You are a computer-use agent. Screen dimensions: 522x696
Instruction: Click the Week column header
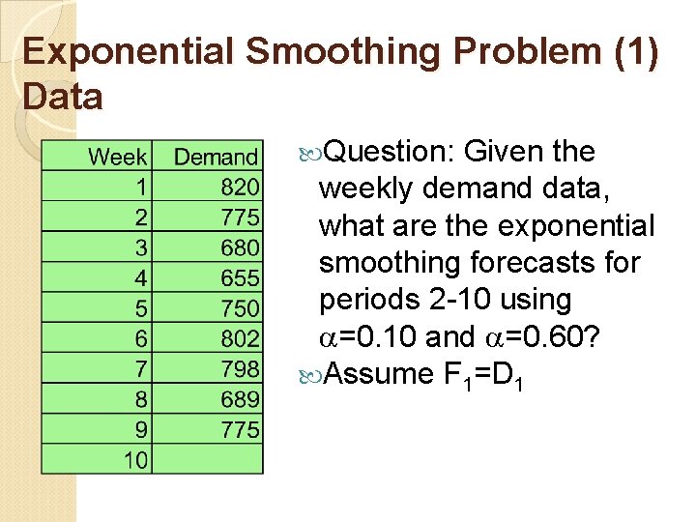tap(117, 157)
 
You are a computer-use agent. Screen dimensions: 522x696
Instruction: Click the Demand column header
tap(216, 157)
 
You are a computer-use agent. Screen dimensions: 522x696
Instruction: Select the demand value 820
tap(240, 187)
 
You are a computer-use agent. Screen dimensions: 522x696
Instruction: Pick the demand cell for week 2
tap(240, 217)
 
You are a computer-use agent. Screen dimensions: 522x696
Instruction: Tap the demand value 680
tap(240, 247)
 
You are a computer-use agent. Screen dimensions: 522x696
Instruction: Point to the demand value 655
tap(240, 277)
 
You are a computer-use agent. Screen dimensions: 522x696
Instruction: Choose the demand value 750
tap(240, 307)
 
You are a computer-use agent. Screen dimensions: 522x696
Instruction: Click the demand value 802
tap(240, 338)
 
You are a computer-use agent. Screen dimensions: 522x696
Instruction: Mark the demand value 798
tap(240, 368)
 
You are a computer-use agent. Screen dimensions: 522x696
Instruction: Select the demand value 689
tap(240, 398)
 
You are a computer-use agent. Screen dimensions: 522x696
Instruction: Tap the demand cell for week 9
tap(240, 428)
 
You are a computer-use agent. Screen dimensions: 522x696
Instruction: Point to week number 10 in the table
tap(135, 459)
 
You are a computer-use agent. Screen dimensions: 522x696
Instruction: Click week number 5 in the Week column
tap(141, 307)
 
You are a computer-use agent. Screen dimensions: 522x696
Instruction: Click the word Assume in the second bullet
tap(379, 373)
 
